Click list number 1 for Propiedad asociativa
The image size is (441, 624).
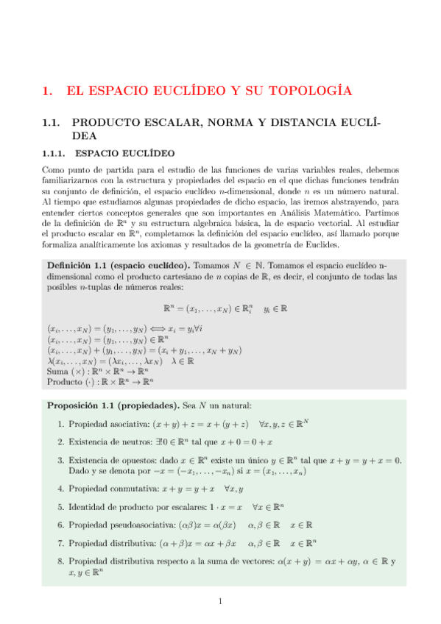click(60, 424)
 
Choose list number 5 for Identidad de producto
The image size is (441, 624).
click(60, 507)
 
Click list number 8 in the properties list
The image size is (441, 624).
click(60, 561)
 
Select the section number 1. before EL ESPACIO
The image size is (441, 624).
click(48, 91)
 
